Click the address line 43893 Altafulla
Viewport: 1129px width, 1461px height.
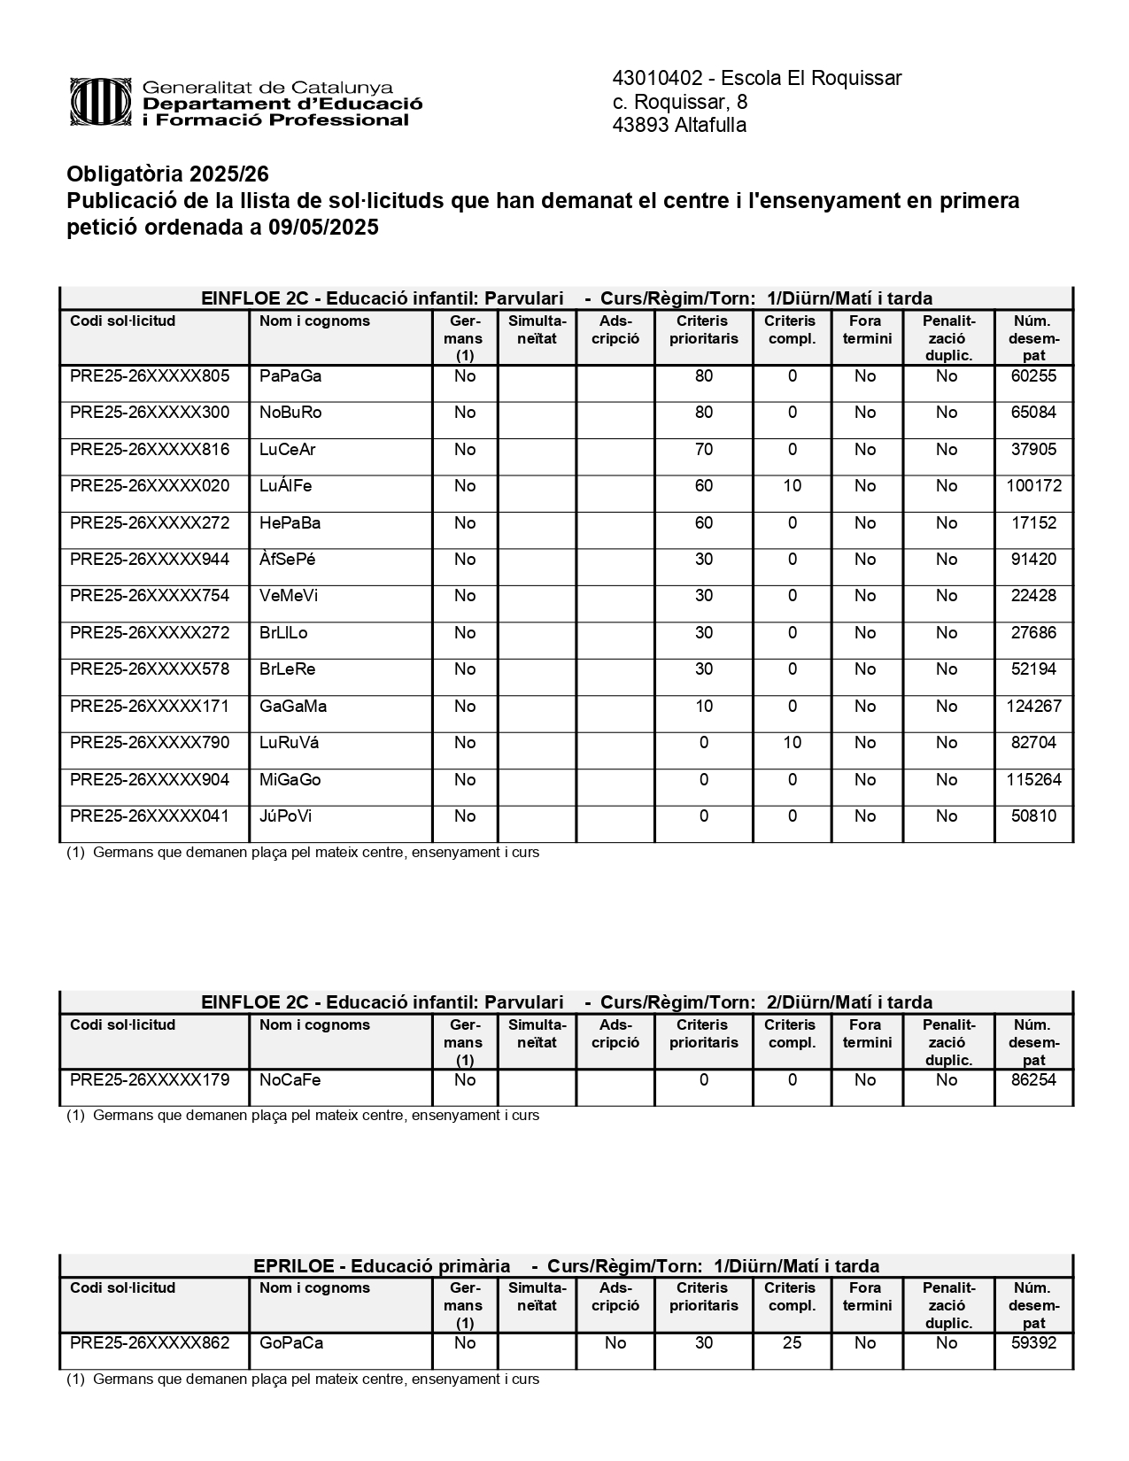(x=679, y=125)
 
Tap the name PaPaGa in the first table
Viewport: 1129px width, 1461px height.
(x=290, y=376)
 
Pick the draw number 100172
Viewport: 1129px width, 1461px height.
(x=1033, y=486)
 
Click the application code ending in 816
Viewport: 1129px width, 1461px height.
(x=150, y=450)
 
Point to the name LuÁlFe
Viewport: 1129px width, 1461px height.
(x=285, y=486)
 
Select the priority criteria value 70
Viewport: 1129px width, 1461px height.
(x=704, y=450)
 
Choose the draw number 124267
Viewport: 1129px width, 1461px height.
(x=1033, y=707)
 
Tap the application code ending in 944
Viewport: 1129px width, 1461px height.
(x=150, y=560)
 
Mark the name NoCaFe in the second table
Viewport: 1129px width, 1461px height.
(x=290, y=1080)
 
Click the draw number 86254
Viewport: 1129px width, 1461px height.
(x=1033, y=1080)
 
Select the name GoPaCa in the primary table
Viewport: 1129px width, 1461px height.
(x=291, y=1343)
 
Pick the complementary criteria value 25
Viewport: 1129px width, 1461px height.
(x=792, y=1343)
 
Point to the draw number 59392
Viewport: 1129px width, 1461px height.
(x=1033, y=1343)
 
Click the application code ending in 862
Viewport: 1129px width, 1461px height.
(x=150, y=1343)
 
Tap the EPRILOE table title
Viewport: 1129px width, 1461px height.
(x=566, y=1266)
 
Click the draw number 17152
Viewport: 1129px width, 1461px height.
(x=1033, y=523)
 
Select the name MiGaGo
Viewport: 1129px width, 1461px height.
(x=290, y=780)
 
